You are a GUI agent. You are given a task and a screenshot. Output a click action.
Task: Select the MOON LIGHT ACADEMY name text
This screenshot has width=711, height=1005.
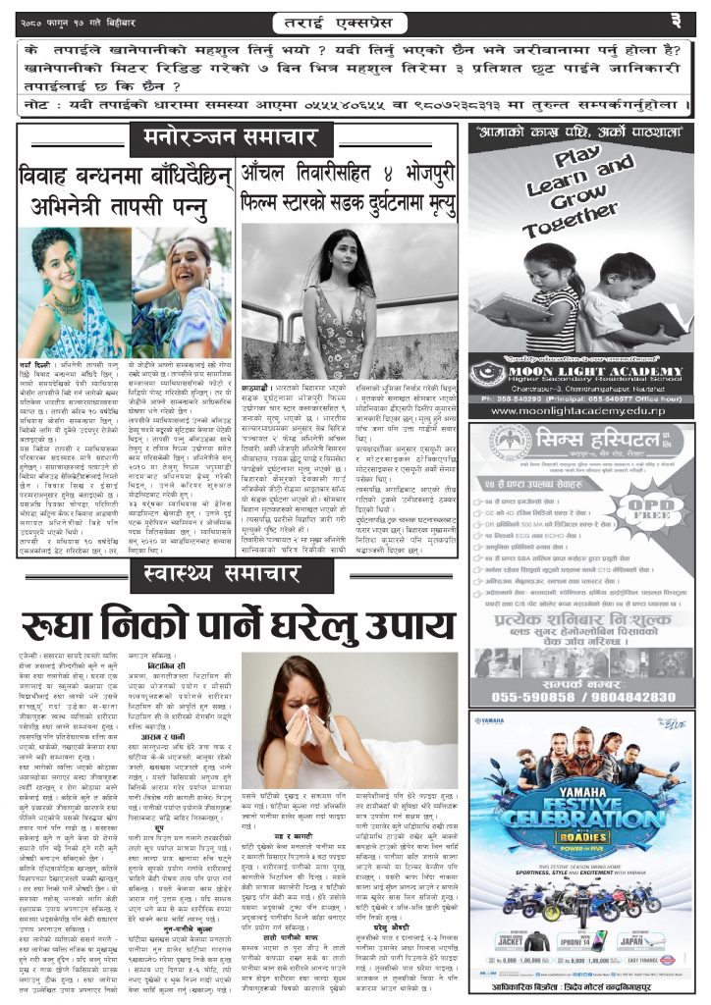click(599, 369)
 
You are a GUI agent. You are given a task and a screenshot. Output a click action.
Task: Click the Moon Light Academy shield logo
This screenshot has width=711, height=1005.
click(488, 376)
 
